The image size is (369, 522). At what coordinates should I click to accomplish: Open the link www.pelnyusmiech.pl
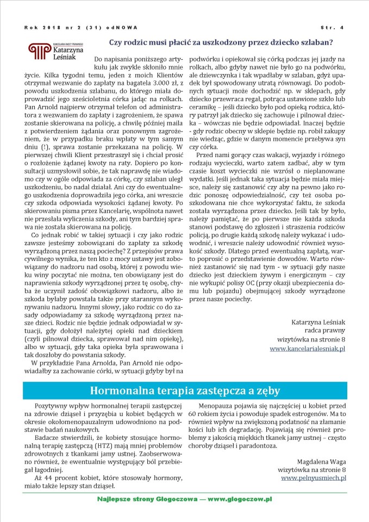(313, 478)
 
